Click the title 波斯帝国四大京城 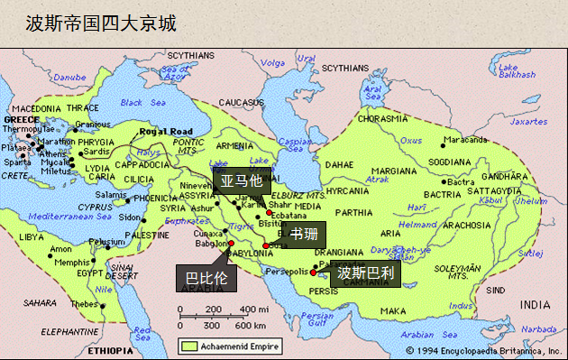tap(100, 22)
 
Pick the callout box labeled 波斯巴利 tap(364, 272)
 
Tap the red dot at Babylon tap(231, 243)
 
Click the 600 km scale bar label tap(255, 325)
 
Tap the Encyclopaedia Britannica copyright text tap(483, 349)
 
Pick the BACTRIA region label tap(444, 194)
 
